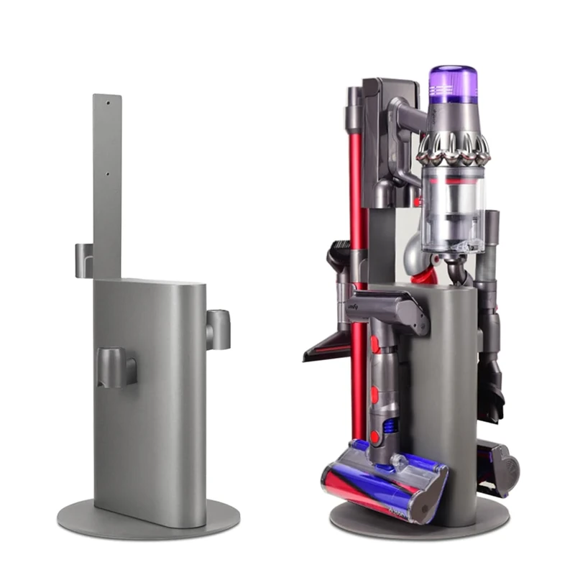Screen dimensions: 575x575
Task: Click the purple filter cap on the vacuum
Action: [453, 83]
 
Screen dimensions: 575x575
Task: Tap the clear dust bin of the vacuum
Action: [452, 208]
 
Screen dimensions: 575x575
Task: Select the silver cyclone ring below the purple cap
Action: [454, 147]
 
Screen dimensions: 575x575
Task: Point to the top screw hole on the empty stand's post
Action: [109, 103]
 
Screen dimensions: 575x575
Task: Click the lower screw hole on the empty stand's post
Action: [108, 173]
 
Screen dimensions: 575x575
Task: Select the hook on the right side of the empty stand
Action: [218, 328]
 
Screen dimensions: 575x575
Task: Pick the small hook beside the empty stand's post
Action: [83, 260]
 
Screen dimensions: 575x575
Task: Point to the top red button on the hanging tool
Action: [374, 343]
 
